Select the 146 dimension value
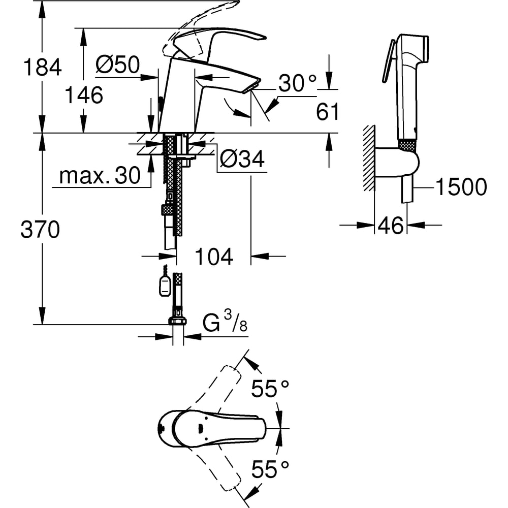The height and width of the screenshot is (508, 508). coord(84,94)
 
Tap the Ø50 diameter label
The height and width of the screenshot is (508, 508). coord(117,65)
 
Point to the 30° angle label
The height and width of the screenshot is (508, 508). coord(297,83)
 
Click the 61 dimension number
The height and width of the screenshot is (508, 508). coord(328,112)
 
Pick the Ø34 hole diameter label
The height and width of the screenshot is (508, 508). coord(242,161)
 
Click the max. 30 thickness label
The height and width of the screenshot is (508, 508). coord(100,176)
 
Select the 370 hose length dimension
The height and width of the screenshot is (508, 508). coord(40,230)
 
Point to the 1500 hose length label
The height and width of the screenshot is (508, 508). coord(461,187)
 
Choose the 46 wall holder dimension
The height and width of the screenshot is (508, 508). coord(391,225)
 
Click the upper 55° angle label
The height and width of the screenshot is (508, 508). coord(271,390)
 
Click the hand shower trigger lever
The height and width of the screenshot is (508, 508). coord(388,60)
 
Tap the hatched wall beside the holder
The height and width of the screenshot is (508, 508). coord(368,157)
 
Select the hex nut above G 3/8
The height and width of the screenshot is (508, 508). coord(177,320)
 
